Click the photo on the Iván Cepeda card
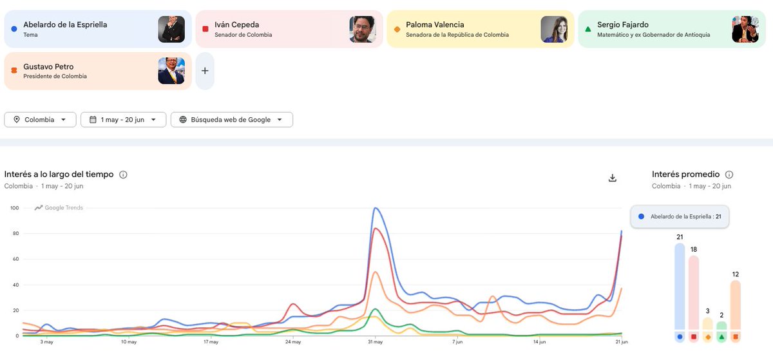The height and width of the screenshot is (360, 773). [x=362, y=30]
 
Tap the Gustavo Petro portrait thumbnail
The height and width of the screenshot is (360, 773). [x=171, y=71]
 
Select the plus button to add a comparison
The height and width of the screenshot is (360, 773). [x=205, y=71]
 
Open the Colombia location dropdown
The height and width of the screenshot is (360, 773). [x=40, y=120]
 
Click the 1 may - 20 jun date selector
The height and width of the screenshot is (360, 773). [x=123, y=120]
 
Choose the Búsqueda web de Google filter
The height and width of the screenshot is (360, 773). [x=231, y=120]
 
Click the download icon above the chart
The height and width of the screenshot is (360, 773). [x=613, y=178]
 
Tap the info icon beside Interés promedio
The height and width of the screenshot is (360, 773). [x=729, y=175]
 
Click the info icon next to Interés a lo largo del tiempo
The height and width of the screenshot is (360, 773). [x=123, y=175]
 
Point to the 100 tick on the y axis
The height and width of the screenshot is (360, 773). [x=14, y=208]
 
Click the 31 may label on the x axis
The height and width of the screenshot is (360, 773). [x=375, y=342]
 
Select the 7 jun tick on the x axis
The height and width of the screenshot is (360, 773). [x=457, y=342]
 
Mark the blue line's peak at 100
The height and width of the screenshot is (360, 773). [x=376, y=208]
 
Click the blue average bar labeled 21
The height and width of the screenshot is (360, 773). [x=680, y=287]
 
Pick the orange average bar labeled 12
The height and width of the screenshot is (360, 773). [x=736, y=305]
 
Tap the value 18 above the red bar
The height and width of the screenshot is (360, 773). [x=694, y=249]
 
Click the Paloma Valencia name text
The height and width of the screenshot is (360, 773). [x=435, y=25]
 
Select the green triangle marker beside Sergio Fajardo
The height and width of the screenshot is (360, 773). [x=588, y=30]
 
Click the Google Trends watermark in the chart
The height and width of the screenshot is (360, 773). [x=59, y=207]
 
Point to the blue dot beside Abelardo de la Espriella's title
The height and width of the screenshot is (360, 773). [x=14, y=29]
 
